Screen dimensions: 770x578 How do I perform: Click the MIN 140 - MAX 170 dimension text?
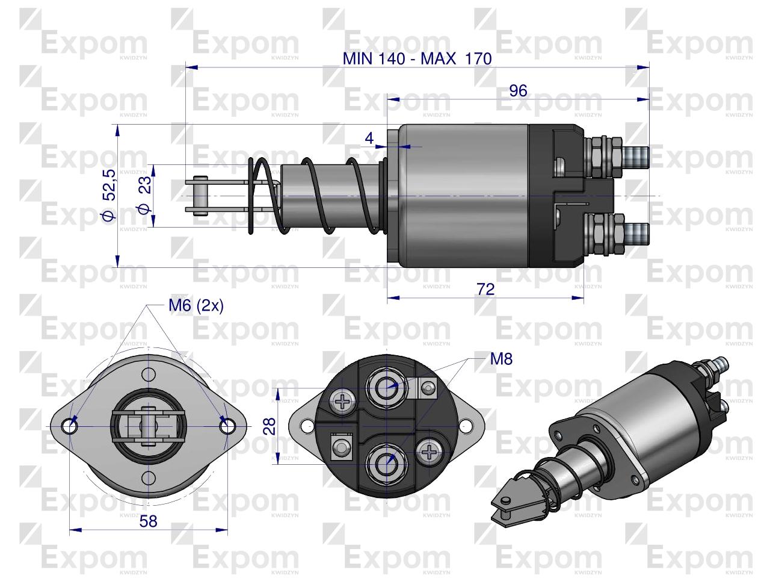point(417,58)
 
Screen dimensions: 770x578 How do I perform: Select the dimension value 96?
point(518,91)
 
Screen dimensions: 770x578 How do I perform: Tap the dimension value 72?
point(485,289)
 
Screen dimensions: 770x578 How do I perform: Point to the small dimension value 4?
point(369,138)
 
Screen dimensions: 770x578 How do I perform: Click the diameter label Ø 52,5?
point(109,194)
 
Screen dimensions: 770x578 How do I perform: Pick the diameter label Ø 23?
point(144,194)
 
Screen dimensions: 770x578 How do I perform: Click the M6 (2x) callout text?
point(196,306)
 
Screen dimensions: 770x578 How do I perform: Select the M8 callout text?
point(501,359)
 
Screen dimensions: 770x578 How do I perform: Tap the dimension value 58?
point(148,521)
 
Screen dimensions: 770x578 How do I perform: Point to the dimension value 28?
point(270,426)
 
